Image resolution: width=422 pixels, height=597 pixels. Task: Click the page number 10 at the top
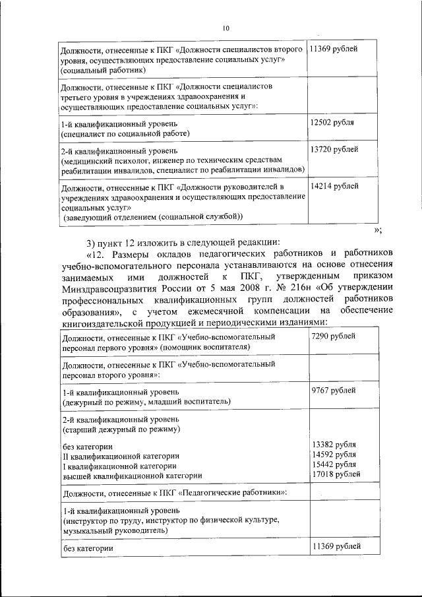tap(226, 28)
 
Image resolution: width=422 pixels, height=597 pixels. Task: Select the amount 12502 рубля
tap(332, 123)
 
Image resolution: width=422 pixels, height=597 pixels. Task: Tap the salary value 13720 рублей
tap(334, 150)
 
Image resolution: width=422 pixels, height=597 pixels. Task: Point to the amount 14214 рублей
tap(334, 187)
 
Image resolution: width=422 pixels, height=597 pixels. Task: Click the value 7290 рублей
tap(333, 337)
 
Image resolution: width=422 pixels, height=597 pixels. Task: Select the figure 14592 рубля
tap(334, 456)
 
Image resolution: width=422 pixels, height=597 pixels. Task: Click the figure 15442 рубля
tap(334, 465)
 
